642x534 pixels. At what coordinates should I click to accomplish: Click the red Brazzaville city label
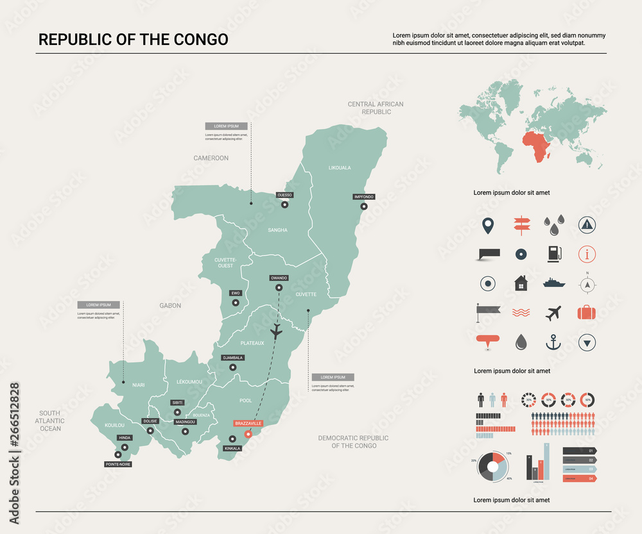point(248,424)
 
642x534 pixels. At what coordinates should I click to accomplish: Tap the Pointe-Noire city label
point(118,463)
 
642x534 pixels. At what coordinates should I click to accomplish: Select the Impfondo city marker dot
point(364,206)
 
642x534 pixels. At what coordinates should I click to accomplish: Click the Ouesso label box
point(284,195)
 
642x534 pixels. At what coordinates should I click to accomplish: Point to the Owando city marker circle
point(279,288)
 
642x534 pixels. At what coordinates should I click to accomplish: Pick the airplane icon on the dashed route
point(277,332)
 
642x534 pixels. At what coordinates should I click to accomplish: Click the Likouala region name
point(340,168)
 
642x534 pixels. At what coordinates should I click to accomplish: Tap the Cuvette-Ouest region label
point(225,262)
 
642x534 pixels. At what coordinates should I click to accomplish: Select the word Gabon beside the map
point(170,306)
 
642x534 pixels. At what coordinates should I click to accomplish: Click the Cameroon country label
point(211,158)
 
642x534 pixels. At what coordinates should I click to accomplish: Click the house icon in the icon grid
point(521,283)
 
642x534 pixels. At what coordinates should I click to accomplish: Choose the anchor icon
point(553,342)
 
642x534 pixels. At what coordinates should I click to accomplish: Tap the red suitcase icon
point(587,313)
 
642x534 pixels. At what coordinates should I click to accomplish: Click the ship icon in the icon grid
point(553,283)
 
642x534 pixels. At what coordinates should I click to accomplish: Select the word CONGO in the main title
point(200,39)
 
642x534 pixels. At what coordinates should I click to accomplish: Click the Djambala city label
point(232,357)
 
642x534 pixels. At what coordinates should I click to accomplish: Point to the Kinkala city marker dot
point(230,439)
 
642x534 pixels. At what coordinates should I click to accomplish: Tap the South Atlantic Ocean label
point(50,421)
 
